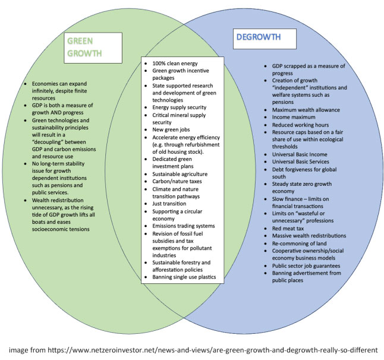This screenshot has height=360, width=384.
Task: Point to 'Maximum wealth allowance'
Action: pyautogui.click(x=306, y=110)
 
